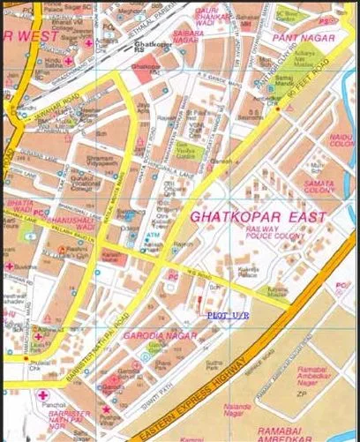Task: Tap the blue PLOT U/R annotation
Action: pos(229,314)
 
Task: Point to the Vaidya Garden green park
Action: pos(193,152)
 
